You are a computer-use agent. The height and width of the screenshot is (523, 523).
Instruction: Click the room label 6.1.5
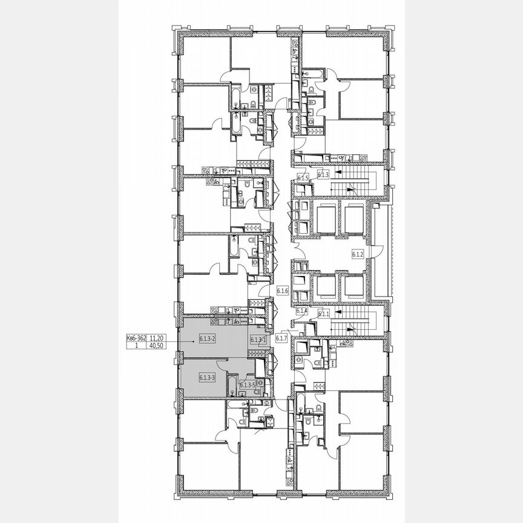tap(303, 178)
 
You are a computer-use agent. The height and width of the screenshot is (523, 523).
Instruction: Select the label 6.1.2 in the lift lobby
tap(357, 255)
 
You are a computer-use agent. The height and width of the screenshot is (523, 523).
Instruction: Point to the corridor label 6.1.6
tap(281, 291)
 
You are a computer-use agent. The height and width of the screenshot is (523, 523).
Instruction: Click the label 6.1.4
tap(303, 311)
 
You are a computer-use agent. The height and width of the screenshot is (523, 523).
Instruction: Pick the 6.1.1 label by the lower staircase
tap(324, 314)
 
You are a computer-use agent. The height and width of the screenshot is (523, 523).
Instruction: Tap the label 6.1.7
tap(281, 338)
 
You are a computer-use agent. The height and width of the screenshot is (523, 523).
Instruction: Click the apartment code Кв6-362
tap(136, 339)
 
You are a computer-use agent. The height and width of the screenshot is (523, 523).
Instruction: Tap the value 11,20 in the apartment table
tap(157, 339)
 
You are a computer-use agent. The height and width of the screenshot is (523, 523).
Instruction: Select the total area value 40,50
tap(157, 346)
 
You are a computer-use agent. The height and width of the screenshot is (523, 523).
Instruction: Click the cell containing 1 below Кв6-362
tap(136, 346)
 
